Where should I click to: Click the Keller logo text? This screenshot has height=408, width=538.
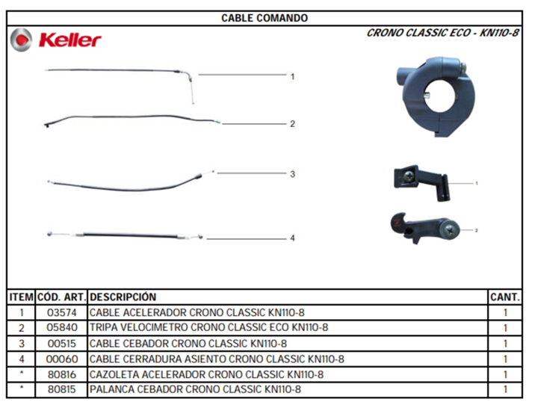tap(70, 40)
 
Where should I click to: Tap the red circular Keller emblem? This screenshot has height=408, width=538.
tap(21, 40)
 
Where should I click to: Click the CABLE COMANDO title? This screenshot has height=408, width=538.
tap(265, 18)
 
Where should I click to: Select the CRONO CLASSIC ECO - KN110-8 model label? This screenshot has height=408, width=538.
tap(442, 33)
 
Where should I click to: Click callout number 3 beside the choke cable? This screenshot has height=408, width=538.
tap(292, 174)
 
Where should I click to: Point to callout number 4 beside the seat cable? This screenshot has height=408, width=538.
tap(292, 238)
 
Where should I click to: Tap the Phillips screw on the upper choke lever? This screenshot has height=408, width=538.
tap(409, 176)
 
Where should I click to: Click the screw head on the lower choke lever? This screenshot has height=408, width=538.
tap(450, 229)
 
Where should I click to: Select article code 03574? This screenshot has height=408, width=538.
tap(62, 312)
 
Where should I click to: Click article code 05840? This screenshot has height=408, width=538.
tap(62, 327)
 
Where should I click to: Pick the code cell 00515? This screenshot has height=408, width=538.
tap(62, 344)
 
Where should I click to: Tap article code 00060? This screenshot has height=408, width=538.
tap(62, 359)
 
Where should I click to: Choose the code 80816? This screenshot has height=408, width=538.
tap(62, 374)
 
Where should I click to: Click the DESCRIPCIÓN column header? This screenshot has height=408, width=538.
tap(123, 297)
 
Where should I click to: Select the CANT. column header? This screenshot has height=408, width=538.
tap(505, 297)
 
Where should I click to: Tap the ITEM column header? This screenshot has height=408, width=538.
tap(21, 297)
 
